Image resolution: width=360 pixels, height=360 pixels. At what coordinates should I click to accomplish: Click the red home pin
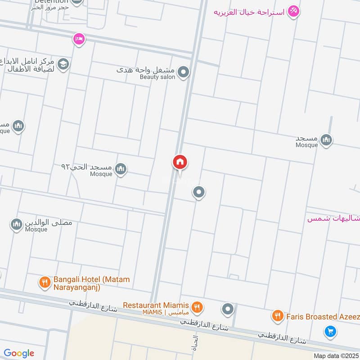pos(180,162)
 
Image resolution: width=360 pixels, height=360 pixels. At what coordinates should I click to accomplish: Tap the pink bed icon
pos(79,39)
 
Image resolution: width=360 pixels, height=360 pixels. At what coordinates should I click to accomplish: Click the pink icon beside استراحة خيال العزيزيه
pos(293,11)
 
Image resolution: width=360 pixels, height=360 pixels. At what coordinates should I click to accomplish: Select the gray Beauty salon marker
pos(183,72)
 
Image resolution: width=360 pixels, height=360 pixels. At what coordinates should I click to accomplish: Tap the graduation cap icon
pos(63,64)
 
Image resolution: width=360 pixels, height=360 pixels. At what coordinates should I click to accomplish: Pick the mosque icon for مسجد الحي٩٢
pos(120,169)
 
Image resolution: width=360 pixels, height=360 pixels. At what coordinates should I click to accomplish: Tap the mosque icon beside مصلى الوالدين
pos(17,224)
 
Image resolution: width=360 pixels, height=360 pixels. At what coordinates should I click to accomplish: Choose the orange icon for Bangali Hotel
pos(44,283)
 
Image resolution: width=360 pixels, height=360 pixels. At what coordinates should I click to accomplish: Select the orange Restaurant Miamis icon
pos(197,308)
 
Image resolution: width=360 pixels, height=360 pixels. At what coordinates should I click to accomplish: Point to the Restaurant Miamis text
pos(156,305)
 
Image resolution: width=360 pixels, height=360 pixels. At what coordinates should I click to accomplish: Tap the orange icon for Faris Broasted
pos(277,316)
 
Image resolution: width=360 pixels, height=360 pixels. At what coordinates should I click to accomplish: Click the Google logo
pos(19,353)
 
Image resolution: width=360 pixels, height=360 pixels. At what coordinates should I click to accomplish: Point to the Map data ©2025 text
pos(335,356)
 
